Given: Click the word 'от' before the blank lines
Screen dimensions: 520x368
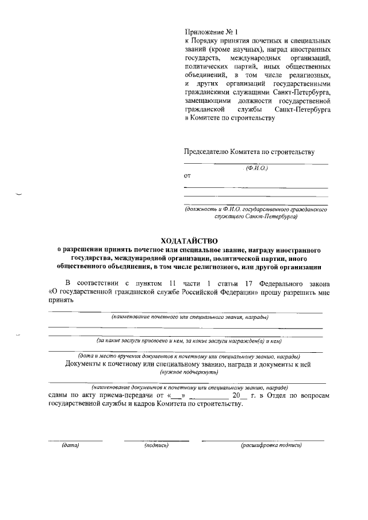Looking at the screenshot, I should pos(187,176).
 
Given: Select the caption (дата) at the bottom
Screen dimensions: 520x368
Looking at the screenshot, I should pos(70,445).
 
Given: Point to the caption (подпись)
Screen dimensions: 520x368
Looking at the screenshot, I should pos(156,445).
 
